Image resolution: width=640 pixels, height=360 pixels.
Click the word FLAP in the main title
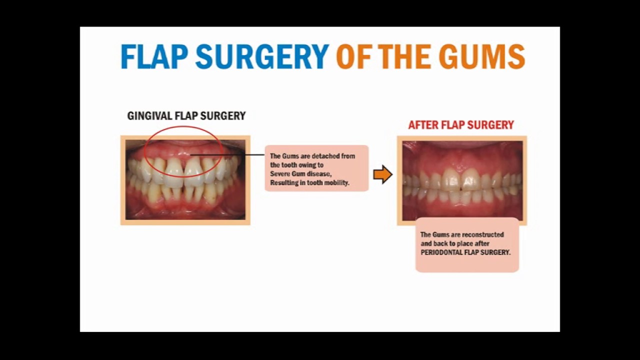(x=153, y=56)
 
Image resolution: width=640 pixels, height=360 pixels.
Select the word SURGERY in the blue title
(x=262, y=56)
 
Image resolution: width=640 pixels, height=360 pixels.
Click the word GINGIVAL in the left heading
(x=149, y=116)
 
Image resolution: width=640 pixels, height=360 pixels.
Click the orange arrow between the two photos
(x=382, y=174)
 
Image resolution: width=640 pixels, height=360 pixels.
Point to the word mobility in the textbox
(x=337, y=183)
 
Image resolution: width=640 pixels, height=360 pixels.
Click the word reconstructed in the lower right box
(x=483, y=234)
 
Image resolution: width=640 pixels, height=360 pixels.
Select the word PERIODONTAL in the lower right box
(x=440, y=252)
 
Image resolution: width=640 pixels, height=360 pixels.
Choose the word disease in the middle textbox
(x=318, y=174)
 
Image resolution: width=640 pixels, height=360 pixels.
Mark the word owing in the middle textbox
(x=303, y=165)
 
